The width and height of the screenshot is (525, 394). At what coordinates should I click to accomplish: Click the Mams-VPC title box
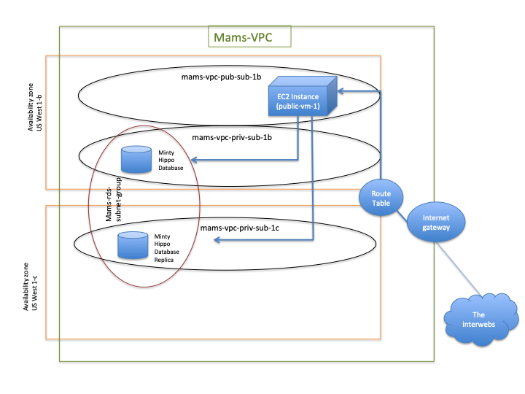pos(250,36)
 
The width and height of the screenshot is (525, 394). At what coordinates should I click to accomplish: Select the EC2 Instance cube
pos(303,96)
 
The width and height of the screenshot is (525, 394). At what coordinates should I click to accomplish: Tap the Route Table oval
pos(381,198)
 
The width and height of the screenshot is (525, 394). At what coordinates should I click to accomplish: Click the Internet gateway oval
pos(436,222)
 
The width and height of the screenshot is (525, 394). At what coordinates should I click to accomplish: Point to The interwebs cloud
pos(481,320)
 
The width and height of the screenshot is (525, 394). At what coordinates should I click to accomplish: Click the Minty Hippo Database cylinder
pos(136,160)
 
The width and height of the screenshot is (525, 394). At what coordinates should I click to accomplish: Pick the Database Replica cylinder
pos(133,245)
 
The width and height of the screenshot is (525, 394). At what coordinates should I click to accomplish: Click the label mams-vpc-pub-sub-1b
pos(222,77)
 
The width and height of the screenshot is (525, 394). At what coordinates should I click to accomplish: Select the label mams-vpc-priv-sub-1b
pos(232,137)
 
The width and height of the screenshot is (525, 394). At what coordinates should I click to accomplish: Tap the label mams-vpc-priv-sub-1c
pos(240,228)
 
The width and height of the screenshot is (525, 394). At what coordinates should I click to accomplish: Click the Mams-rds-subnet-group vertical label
pos(114,200)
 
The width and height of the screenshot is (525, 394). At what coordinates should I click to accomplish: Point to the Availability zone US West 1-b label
pos(35,107)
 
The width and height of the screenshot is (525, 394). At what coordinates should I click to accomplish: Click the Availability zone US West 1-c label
pos(30,287)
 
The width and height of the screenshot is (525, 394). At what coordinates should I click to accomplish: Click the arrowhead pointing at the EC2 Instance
pos(341,90)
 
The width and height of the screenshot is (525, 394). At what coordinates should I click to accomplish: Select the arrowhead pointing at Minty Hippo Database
pos(193,160)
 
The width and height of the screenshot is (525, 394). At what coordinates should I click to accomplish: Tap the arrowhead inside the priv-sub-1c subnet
pos(217,239)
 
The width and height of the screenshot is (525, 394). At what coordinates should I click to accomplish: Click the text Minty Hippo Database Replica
pos(167,248)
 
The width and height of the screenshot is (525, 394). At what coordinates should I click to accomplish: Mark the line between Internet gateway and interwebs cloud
pos(459,269)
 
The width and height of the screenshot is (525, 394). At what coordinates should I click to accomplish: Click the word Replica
pos(164,260)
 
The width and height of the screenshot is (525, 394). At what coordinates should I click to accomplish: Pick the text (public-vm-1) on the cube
pos(298,107)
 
